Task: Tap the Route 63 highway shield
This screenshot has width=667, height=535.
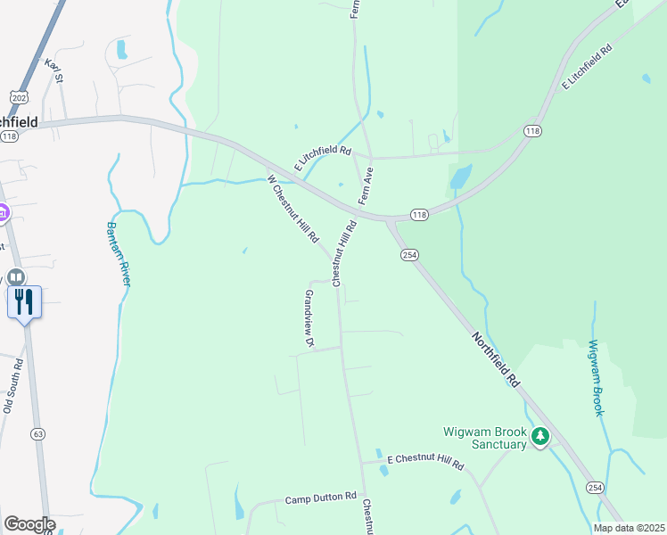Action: (37, 434)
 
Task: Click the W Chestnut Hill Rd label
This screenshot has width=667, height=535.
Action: (293, 209)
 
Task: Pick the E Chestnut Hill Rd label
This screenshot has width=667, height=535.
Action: (425, 464)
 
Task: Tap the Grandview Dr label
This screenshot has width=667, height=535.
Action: (309, 318)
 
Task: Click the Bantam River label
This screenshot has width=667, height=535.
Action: (119, 253)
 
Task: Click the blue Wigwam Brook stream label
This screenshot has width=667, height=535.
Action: (596, 377)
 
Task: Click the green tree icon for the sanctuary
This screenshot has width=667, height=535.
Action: (539, 437)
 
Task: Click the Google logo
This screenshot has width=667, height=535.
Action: (29, 524)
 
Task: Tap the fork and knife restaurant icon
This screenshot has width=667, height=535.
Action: (24, 302)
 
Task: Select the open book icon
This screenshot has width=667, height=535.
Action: (17, 277)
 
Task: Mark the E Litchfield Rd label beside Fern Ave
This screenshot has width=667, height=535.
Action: (323, 158)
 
